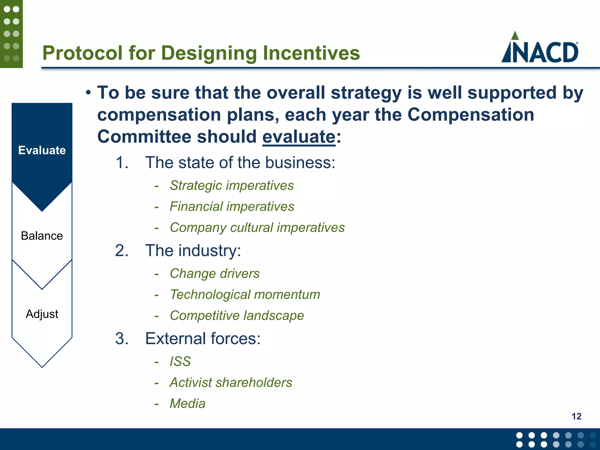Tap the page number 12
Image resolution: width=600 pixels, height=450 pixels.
pos(576,416)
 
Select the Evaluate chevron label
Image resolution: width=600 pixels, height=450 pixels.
pos(42,150)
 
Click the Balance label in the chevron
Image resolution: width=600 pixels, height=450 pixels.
pos(42,236)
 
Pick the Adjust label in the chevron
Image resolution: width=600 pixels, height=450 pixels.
pos(42,314)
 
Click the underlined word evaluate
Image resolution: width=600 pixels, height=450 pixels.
pos(299,137)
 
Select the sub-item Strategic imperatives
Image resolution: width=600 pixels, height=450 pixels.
pos(231,185)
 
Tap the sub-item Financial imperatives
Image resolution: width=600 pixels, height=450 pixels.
pos(232,207)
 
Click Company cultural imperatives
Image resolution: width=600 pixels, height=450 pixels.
pos(257,228)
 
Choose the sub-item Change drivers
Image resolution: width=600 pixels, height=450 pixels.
pos(214,274)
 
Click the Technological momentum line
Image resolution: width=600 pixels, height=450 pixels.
pos(245,294)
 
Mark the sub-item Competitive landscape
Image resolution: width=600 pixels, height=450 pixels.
pos(237,316)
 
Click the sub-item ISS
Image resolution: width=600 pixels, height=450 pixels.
pos(180,361)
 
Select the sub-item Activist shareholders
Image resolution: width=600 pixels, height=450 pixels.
pos(231,382)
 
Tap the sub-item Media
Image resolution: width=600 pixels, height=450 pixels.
pos(187,403)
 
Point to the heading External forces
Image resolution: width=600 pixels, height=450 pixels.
pos(202,339)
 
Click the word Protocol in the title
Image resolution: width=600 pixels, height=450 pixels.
pos(82,53)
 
